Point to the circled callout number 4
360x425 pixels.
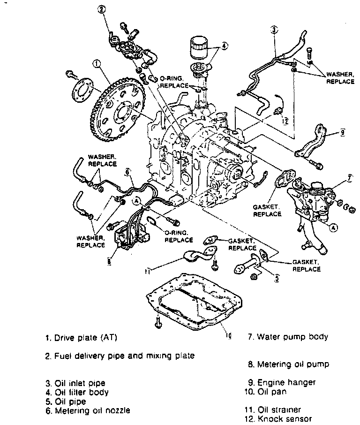(224, 46)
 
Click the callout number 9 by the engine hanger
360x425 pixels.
(343, 133)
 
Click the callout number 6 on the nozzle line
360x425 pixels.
(127, 172)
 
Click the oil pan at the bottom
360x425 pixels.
(197, 305)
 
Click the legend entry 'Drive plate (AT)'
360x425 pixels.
(81, 337)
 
